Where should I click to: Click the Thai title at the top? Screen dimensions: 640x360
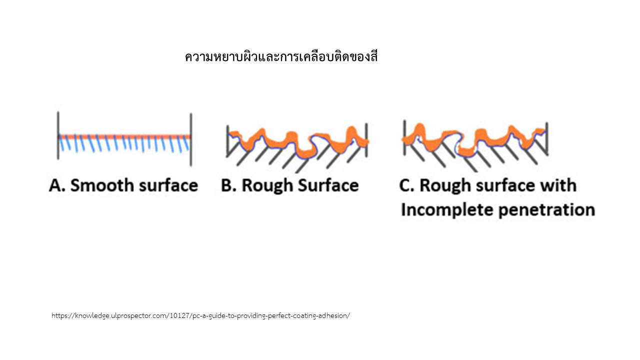[281, 56]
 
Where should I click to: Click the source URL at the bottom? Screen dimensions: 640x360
[200, 315]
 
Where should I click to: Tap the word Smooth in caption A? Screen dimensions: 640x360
[102, 185]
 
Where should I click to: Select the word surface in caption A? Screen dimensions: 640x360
[168, 185]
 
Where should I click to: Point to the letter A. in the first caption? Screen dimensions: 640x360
[57, 185]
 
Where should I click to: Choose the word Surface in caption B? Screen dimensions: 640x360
[328, 185]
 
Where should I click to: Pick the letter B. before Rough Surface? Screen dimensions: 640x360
[228, 185]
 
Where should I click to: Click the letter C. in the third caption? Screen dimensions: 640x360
[406, 185]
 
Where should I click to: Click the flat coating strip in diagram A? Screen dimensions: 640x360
[124, 136]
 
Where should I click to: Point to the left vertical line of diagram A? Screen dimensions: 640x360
[58, 135]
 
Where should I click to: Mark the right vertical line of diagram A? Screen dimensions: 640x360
[191, 139]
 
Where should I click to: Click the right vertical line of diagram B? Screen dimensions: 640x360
[366, 140]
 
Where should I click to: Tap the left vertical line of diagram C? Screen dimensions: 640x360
[404, 137]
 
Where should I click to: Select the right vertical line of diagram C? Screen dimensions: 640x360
[547, 138]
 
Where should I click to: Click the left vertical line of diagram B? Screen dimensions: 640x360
[227, 141]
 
